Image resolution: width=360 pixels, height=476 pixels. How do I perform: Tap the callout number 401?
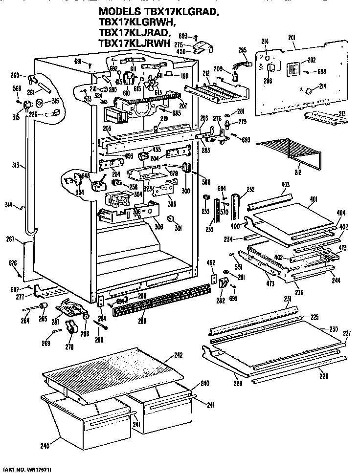314,199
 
